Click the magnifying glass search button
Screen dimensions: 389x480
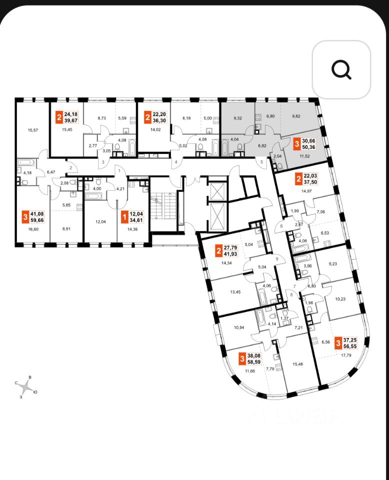(x=341, y=69)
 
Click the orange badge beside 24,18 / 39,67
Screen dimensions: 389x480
(x=59, y=118)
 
